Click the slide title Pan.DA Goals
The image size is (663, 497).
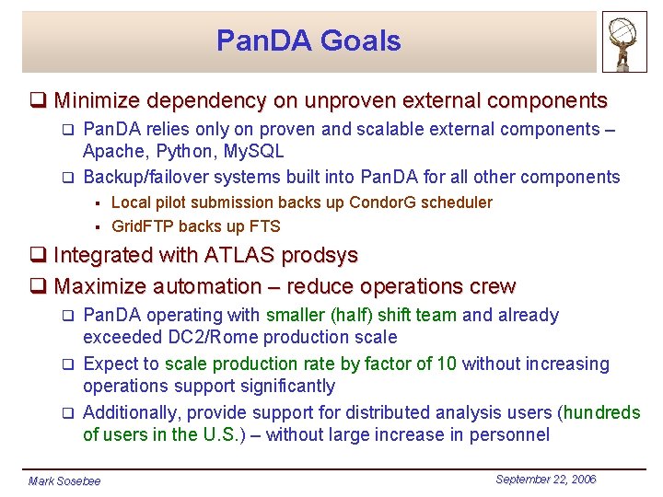308,40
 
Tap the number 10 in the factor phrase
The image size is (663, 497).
447,364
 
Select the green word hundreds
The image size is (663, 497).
602,412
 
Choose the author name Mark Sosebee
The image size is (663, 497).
64,481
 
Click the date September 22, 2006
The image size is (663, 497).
545,480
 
